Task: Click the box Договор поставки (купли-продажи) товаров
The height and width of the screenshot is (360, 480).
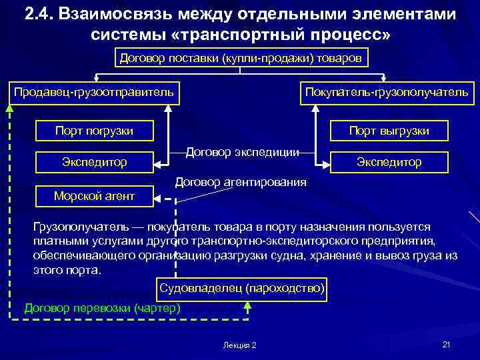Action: [240, 58]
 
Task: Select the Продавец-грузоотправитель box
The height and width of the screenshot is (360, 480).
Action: [94, 92]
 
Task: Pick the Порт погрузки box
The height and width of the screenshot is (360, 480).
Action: [94, 131]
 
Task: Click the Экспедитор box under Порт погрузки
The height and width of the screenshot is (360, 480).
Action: [94, 161]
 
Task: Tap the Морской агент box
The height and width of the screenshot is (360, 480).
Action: [94, 195]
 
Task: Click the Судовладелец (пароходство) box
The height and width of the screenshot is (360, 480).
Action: [241, 288]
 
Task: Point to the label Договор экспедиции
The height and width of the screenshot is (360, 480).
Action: [241, 151]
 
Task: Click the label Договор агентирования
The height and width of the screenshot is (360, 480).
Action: [241, 181]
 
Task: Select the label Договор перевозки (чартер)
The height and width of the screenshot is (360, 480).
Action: [102, 307]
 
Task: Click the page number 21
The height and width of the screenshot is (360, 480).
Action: [446, 344]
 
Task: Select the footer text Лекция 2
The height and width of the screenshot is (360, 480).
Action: [241, 345]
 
